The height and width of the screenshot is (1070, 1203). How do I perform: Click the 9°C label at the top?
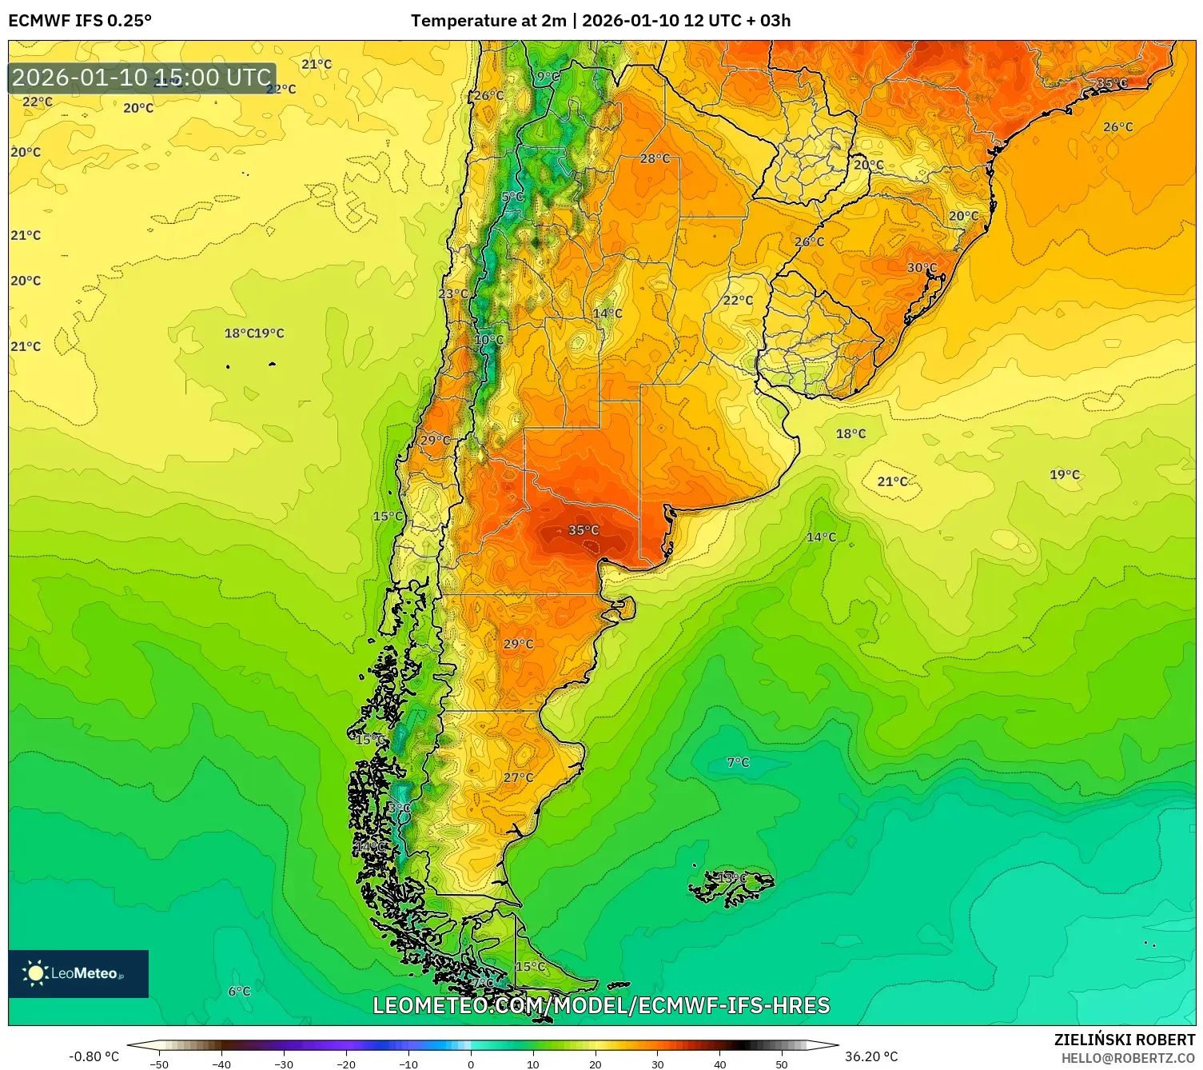tap(548, 77)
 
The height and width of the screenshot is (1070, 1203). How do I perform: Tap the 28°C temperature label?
tap(655, 158)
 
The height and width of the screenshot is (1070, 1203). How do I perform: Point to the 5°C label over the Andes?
tap(512, 197)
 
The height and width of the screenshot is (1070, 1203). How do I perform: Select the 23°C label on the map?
tap(453, 293)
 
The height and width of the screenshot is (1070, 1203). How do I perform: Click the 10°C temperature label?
tap(488, 340)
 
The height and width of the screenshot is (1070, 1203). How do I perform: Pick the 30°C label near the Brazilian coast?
tap(922, 268)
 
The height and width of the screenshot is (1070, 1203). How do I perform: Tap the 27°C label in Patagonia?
tap(518, 777)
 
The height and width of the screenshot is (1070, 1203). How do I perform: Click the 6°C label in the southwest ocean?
tap(239, 991)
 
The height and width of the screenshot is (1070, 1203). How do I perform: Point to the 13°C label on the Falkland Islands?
tap(731, 878)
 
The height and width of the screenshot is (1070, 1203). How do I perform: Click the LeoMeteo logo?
tap(78, 973)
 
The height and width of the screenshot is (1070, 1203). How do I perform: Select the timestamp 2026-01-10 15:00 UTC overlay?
tap(141, 78)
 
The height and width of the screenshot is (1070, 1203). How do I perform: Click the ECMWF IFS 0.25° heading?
tap(80, 21)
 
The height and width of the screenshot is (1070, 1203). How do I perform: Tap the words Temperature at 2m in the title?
tap(488, 21)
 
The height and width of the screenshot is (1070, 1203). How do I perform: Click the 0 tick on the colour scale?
tap(471, 1064)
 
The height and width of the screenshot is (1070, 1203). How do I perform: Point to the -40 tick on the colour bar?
tap(221, 1064)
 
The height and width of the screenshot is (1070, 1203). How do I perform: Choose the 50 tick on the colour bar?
tap(782, 1064)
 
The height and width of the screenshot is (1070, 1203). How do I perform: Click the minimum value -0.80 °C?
tap(94, 1056)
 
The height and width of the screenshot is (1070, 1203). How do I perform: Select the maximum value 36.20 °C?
tap(871, 1056)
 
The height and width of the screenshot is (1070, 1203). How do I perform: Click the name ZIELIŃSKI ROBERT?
tap(1124, 1040)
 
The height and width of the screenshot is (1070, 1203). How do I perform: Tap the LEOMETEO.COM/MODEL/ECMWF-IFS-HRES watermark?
tap(601, 1005)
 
